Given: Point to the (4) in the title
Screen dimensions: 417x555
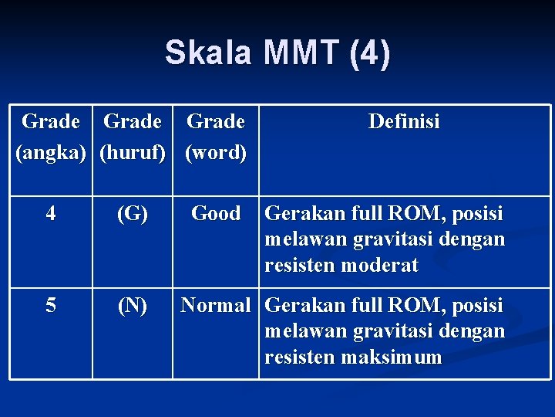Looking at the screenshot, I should tap(369, 53).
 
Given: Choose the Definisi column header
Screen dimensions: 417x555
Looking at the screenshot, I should tap(404, 121).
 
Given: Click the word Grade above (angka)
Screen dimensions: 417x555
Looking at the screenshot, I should tap(51, 121).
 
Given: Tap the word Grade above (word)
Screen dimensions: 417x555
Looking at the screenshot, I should tap(216, 121).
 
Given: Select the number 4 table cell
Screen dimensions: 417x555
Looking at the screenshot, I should tap(51, 213).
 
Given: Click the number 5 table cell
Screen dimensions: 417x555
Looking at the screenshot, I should tap(51, 306).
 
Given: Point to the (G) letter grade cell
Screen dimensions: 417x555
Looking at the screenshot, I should tap(133, 214).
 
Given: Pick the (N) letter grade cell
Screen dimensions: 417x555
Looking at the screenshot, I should tap(133, 307).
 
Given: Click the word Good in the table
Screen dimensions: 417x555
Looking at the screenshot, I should tap(216, 213).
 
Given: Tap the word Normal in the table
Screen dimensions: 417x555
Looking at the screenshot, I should tap(216, 306).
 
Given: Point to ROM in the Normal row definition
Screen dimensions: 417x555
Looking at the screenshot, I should tap(413, 306).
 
